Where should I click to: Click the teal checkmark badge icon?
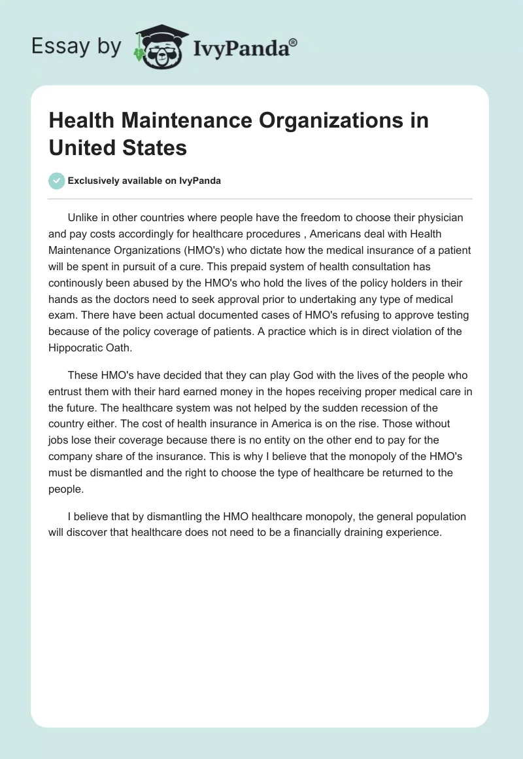pyautogui.click(x=57, y=181)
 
